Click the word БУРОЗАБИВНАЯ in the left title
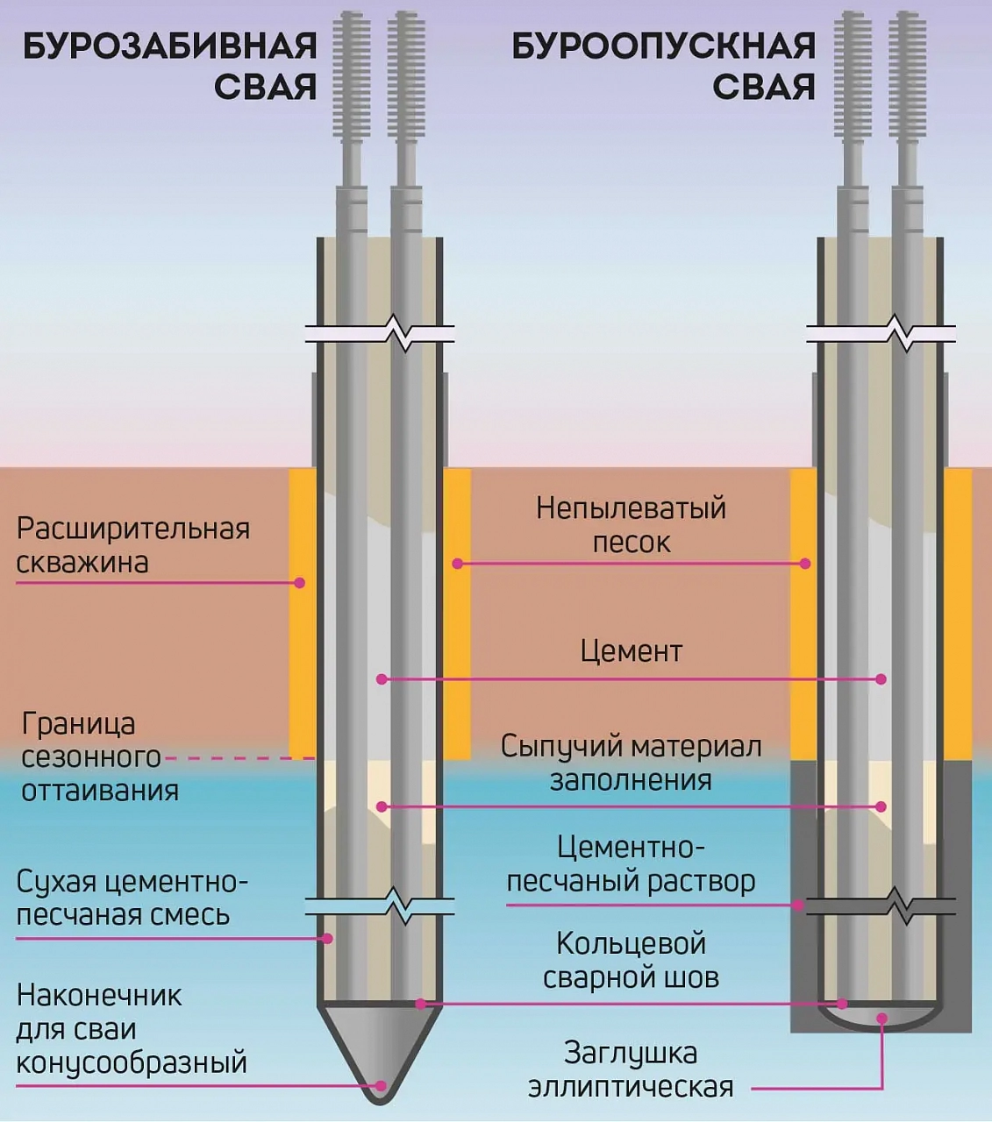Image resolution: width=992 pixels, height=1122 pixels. click(169, 46)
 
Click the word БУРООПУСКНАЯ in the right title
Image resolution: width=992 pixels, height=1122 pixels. click(663, 46)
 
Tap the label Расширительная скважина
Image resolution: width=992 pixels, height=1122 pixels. click(132, 545)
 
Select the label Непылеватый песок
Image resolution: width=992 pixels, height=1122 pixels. click(631, 524)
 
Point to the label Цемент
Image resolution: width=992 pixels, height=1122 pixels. click(631, 651)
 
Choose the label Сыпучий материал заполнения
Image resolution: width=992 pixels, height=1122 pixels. click(631, 763)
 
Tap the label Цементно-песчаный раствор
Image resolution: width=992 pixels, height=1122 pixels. click(631, 864)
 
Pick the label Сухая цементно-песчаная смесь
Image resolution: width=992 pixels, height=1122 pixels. click(132, 898)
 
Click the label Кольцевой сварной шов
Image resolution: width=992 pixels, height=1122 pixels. click(631, 960)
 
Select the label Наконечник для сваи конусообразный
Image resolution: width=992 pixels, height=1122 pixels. click(131, 1029)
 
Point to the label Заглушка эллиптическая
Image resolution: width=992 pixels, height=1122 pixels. click(631, 1069)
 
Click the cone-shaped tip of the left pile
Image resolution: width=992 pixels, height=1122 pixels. click(379, 1047)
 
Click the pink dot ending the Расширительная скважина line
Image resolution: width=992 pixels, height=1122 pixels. click(299, 582)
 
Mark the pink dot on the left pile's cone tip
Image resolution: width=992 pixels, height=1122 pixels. click(380, 1085)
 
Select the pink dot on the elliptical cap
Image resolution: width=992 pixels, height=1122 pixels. click(881, 1019)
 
